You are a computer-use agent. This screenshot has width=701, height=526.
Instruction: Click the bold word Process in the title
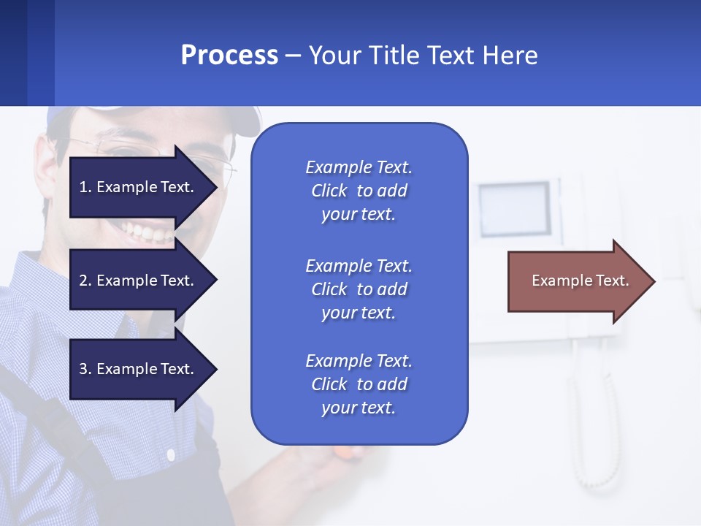[x=229, y=56]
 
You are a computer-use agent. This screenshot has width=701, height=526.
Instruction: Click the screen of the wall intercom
[x=514, y=207]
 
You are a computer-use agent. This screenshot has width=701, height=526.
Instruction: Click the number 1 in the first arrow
[x=83, y=187]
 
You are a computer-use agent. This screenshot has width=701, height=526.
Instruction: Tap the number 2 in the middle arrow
[x=83, y=281]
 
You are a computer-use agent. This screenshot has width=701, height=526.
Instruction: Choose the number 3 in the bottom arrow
[x=83, y=369]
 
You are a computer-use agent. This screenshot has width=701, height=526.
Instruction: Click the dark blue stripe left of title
[x=13, y=53]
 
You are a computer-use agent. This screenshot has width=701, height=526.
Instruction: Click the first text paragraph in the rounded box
[x=359, y=191]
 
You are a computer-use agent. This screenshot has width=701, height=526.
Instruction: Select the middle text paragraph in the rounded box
[x=359, y=289]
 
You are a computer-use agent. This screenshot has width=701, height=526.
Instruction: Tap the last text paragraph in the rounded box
[x=359, y=384]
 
